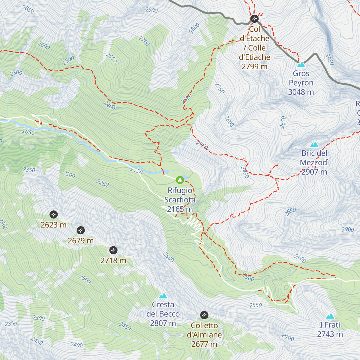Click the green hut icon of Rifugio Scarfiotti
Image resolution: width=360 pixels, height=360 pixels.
[x=180, y=180]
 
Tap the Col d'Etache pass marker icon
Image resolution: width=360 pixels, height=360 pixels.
[x=254, y=19]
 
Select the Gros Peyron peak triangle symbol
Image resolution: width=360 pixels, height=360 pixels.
[x=301, y=64]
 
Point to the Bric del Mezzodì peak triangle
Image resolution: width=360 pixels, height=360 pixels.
[x=314, y=144]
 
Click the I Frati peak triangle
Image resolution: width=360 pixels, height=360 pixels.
[x=330, y=316]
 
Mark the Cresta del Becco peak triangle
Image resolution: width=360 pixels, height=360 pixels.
[x=163, y=296]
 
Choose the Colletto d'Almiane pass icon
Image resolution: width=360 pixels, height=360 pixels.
[x=204, y=315]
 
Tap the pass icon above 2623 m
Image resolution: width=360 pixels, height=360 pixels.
[x=53, y=214]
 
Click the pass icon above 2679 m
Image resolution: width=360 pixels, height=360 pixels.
[x=81, y=230]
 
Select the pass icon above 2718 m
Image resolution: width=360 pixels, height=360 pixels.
[x=113, y=250]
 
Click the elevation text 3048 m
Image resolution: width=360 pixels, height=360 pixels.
[x=301, y=92]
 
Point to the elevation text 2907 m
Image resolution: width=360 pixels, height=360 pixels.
[x=314, y=172]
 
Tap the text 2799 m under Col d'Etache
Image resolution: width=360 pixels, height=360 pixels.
[x=254, y=67]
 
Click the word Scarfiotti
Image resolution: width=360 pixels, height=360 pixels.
[x=180, y=200]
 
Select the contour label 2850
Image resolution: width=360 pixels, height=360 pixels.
[x=28, y=10]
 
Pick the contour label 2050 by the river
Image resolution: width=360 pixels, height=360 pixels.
[x=28, y=132]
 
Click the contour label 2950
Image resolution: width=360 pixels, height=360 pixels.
[x=329, y=59]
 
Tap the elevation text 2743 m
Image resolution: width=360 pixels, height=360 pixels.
[x=330, y=334]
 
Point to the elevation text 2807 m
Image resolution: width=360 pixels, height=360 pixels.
[x=163, y=323]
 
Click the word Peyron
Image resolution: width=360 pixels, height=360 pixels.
[x=301, y=83]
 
